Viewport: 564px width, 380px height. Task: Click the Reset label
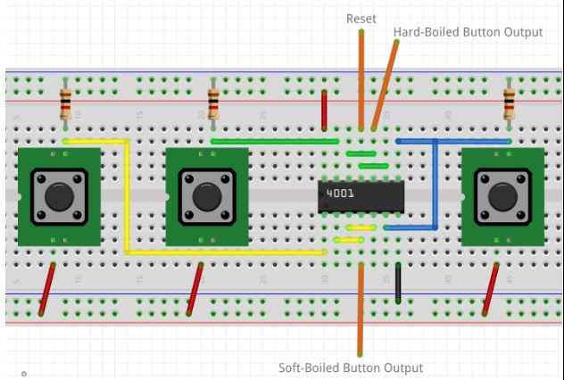361,18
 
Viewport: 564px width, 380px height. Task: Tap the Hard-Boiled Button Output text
468,32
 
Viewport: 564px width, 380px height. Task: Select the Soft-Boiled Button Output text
351,368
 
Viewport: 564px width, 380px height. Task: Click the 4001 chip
362,195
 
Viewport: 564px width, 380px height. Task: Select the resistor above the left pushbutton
66,104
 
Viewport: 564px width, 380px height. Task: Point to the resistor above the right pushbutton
510,103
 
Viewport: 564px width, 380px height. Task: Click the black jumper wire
399,282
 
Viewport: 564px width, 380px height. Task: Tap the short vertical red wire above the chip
324,110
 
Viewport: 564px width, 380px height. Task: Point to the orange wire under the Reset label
361,80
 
